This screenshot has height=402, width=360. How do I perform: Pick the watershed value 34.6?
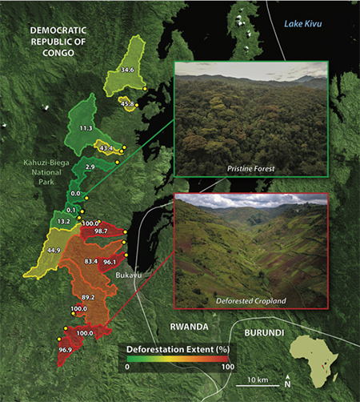pyautogui.click(x=126, y=70)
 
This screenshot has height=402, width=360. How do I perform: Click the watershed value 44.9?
pyautogui.click(x=54, y=250)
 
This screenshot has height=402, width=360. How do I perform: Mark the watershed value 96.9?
pyautogui.click(x=65, y=350)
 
